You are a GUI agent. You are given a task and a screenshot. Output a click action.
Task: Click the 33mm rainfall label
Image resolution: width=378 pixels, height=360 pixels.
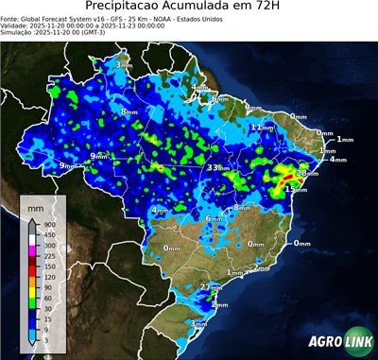[x=216, y=167]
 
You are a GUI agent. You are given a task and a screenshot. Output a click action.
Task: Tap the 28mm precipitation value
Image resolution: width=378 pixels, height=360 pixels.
[x=305, y=174]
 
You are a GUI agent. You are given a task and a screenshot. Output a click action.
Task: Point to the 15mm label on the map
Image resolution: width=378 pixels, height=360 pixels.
[x=295, y=190]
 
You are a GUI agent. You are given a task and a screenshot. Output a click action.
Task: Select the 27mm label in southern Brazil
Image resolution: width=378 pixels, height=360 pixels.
[x=211, y=286]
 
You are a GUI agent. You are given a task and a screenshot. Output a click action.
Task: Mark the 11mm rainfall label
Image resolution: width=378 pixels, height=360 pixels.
[x=259, y=127]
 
